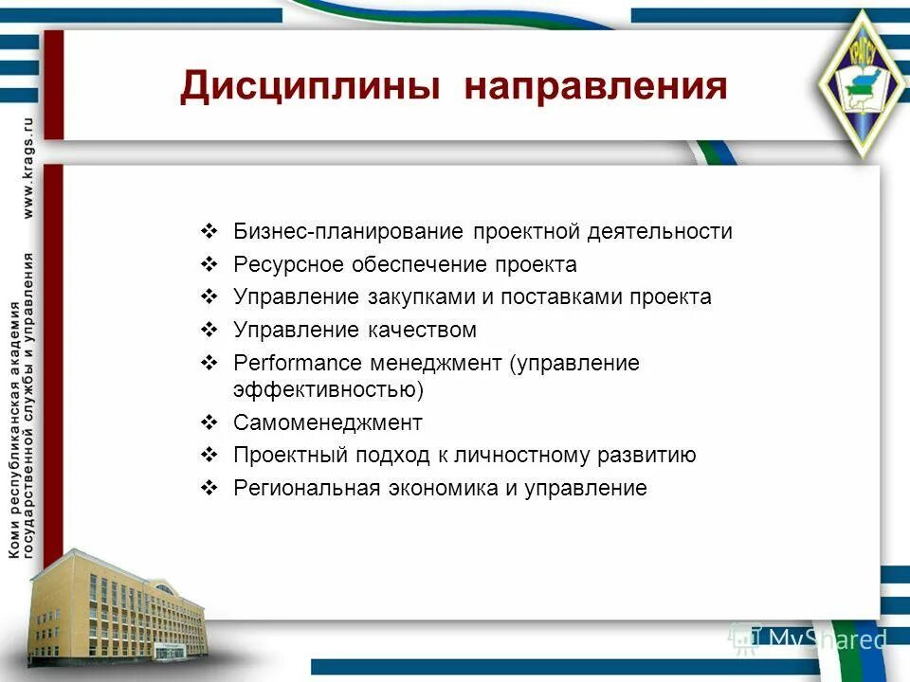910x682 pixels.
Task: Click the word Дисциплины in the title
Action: pyautogui.click(x=309, y=86)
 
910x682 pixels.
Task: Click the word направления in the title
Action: pyautogui.click(x=596, y=86)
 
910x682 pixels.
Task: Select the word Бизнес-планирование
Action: pyautogui.click(x=348, y=232)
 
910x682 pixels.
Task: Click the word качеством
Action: pyautogui.click(x=419, y=331)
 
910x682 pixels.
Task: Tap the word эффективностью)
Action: pyautogui.click(x=328, y=389)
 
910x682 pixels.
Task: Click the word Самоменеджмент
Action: pyautogui.click(x=328, y=422)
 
